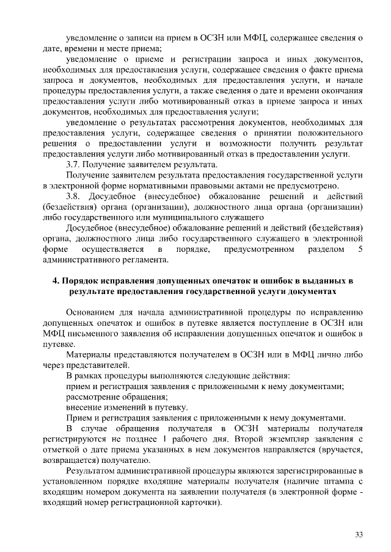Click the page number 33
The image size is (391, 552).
[359, 535]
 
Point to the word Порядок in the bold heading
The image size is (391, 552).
[79, 282]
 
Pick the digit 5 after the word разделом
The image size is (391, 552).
[360, 249]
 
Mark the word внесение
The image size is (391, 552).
[84, 407]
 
